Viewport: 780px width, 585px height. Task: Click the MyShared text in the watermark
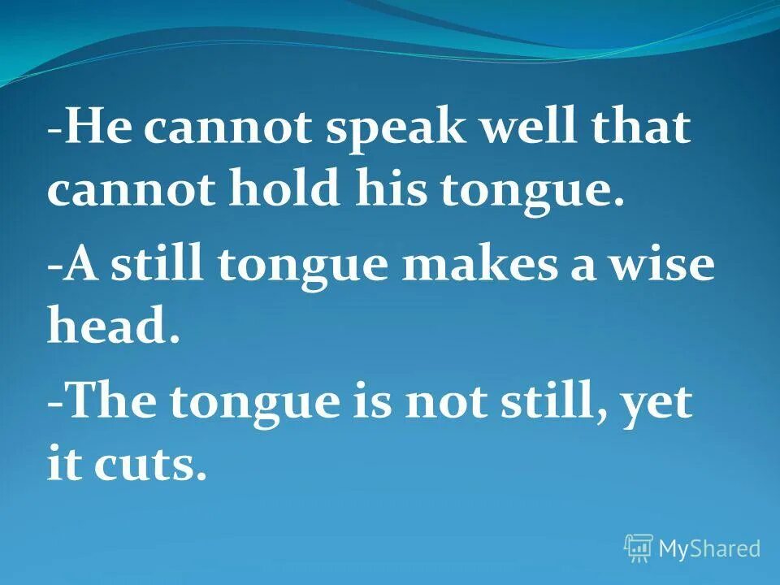pyautogui.click(x=708, y=548)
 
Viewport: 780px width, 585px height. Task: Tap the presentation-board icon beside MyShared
pyautogui.click(x=639, y=548)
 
